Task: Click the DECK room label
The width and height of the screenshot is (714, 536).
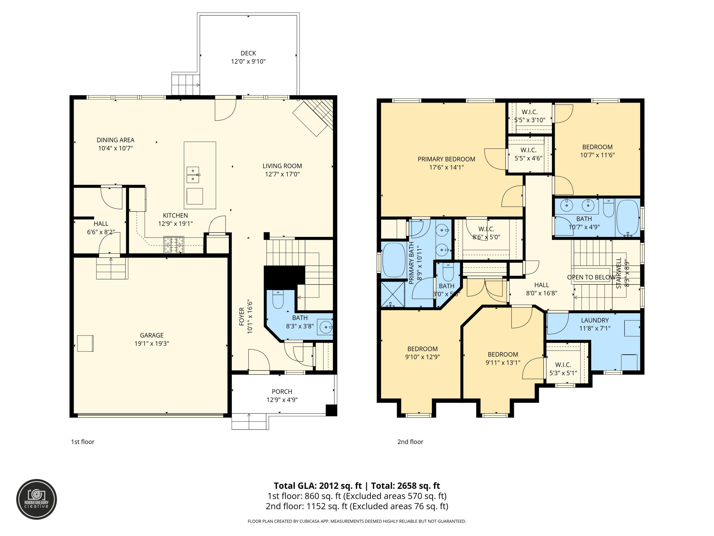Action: (248, 53)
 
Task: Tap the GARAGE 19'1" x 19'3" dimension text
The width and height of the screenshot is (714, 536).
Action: (152, 343)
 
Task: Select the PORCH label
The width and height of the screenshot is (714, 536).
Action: (282, 392)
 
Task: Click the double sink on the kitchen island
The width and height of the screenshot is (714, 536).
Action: (193, 175)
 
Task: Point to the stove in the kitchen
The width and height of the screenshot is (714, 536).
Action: (174, 244)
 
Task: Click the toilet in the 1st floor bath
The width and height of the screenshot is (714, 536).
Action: (278, 299)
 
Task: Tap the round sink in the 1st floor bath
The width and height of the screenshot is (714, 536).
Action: (326, 327)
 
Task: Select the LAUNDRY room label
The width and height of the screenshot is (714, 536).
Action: (594, 320)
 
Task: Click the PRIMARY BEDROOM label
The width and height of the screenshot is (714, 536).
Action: (446, 159)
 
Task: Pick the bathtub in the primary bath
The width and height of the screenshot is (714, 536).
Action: (393, 260)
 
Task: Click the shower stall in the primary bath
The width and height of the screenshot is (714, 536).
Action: (393, 294)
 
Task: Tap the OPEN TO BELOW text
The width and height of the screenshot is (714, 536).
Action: (591, 277)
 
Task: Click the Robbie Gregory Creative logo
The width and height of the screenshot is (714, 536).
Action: (37, 499)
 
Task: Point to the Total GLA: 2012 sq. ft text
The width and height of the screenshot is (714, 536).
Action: (317, 486)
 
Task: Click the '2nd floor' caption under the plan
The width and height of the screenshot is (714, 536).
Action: (410, 442)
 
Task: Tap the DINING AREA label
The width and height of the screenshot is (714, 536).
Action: (115, 140)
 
